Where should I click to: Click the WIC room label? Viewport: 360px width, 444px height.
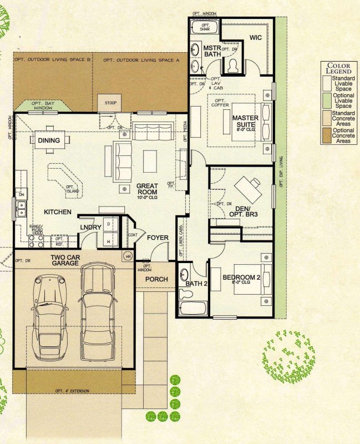tap(255, 38)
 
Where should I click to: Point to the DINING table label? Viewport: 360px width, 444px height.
tap(49, 141)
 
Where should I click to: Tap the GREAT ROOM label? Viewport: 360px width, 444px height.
tap(147, 189)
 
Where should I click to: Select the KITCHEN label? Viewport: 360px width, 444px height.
tap(58, 212)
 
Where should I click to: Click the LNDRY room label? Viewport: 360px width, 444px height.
tap(90, 228)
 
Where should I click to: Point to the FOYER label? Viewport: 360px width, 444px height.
tap(158, 238)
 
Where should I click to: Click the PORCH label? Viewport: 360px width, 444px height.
tap(156, 279)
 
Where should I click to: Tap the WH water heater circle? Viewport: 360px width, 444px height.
tap(128, 256)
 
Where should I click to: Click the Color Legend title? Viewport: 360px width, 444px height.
tap(338, 68)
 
